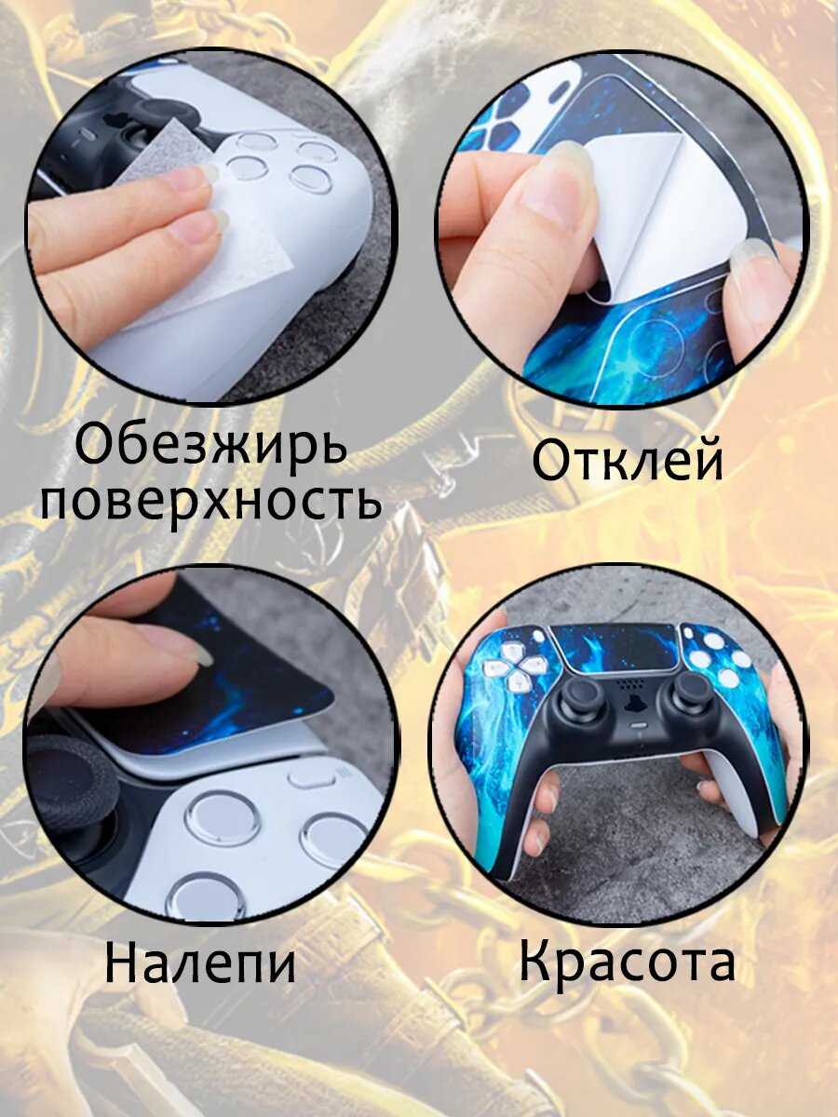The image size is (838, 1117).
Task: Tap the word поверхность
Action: click(210, 500)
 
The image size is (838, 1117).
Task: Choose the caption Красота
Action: click(628, 957)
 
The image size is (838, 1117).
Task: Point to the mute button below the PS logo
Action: click(636, 724)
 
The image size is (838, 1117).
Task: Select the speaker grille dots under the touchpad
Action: click(628, 682)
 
